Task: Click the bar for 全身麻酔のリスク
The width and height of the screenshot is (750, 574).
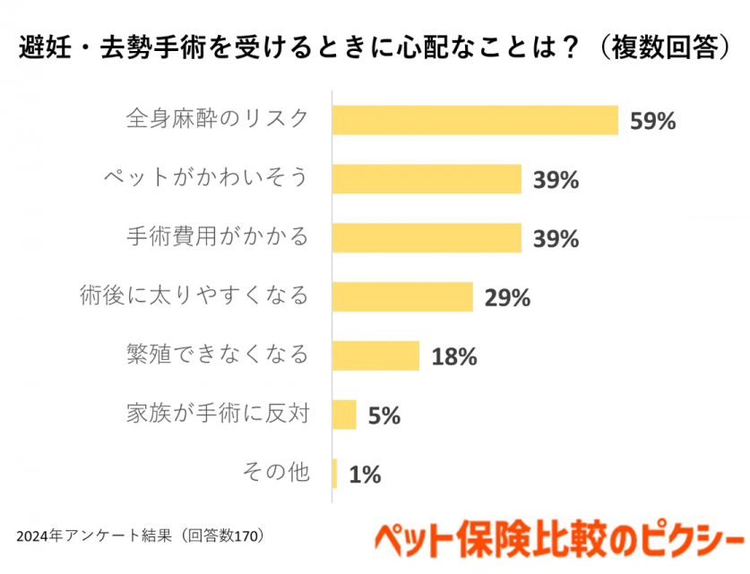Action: point(475,120)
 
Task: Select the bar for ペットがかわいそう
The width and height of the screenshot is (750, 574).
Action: point(427,179)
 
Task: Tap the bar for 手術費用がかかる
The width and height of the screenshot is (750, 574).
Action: point(427,238)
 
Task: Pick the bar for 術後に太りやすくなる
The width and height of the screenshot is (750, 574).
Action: point(402,296)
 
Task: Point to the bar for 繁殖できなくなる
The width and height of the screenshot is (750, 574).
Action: point(375,356)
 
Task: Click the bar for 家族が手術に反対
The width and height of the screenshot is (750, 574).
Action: point(344,415)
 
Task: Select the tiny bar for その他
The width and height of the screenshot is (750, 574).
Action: point(335,474)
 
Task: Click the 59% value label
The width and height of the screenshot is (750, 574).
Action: point(651,121)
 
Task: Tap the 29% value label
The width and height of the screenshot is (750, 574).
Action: point(507,297)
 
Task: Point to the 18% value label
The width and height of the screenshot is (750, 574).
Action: point(453,356)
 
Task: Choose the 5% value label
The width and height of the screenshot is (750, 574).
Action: point(384,416)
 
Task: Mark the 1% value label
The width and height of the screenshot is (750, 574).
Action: point(365,475)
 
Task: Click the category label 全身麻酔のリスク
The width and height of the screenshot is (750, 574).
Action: point(217,119)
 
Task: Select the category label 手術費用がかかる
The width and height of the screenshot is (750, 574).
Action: point(217,237)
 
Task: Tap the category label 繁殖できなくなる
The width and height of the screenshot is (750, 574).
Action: point(217,355)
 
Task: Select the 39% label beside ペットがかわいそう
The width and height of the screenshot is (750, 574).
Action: point(556,180)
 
